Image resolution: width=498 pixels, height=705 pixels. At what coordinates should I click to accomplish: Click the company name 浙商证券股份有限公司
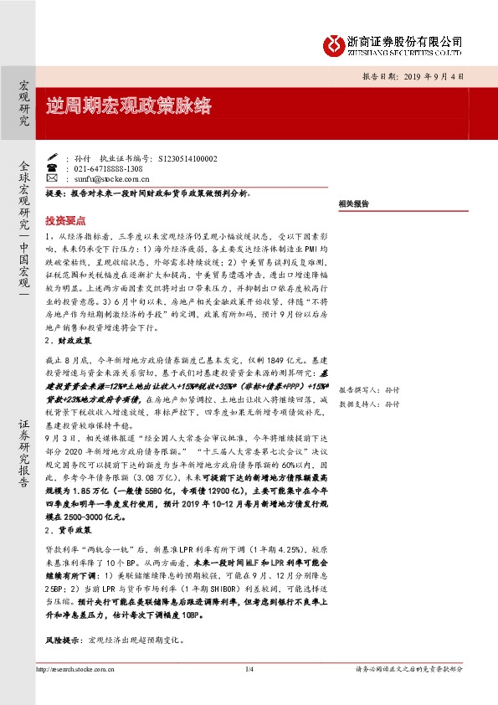point(406,40)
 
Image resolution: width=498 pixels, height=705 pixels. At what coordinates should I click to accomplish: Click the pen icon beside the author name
point(51,157)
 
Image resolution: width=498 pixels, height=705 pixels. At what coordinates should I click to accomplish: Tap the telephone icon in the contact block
point(51,167)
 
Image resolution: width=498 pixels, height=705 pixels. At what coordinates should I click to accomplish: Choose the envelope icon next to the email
point(51,178)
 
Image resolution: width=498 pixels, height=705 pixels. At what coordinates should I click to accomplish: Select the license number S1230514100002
point(181,157)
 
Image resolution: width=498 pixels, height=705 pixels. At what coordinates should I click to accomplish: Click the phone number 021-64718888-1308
point(108,167)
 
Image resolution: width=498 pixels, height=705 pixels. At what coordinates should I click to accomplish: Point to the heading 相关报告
point(355,203)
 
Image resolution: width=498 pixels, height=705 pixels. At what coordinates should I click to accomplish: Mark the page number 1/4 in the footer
point(249,669)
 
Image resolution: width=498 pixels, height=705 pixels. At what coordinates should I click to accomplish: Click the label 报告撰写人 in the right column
point(355,390)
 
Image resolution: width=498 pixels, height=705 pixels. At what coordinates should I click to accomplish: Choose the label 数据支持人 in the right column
point(355,404)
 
